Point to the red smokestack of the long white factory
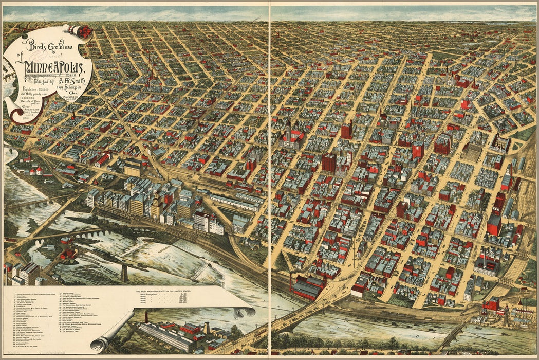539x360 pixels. tap(146, 316)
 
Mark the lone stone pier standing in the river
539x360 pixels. tap(124, 273)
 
